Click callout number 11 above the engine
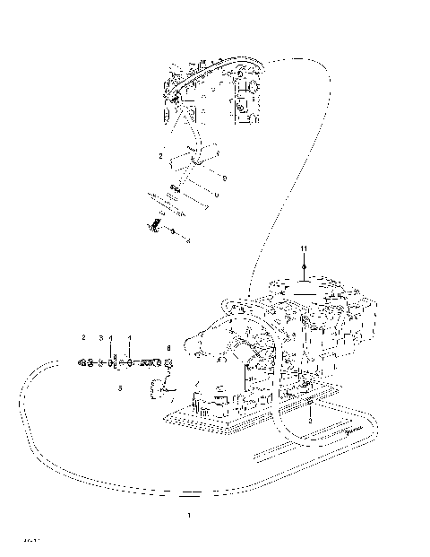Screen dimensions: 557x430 tap(304, 247)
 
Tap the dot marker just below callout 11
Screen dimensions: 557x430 tap(304, 266)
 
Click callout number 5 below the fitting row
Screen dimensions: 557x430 tap(120, 388)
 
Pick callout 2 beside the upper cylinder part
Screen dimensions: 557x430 tap(160, 156)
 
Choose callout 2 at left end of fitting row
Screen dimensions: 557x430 tap(83, 338)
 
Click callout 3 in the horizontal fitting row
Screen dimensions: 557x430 tap(101, 338)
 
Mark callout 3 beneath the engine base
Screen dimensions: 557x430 tap(309, 420)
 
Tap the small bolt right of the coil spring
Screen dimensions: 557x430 tap(172, 232)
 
